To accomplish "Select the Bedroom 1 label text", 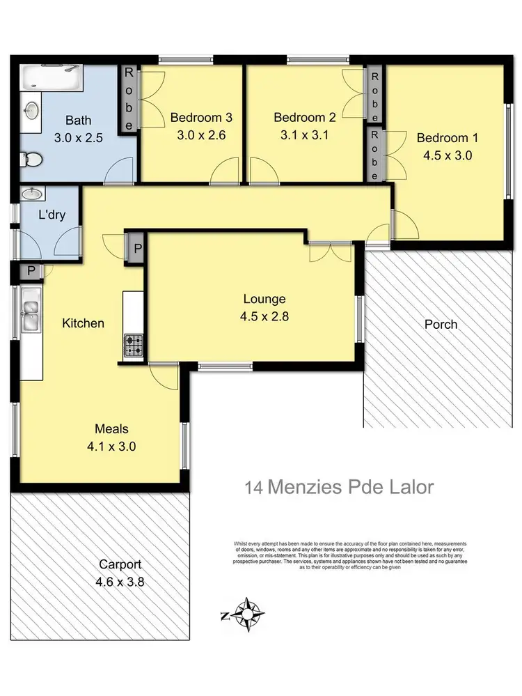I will [x=448, y=138].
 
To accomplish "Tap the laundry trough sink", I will [x=31, y=194].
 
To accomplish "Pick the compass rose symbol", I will [x=248, y=614].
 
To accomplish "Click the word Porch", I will [x=441, y=324].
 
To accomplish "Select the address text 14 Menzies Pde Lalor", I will [x=339, y=486].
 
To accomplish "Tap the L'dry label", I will [x=52, y=215].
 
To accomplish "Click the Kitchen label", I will [x=83, y=323].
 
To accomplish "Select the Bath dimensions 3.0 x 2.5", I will [x=78, y=138].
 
